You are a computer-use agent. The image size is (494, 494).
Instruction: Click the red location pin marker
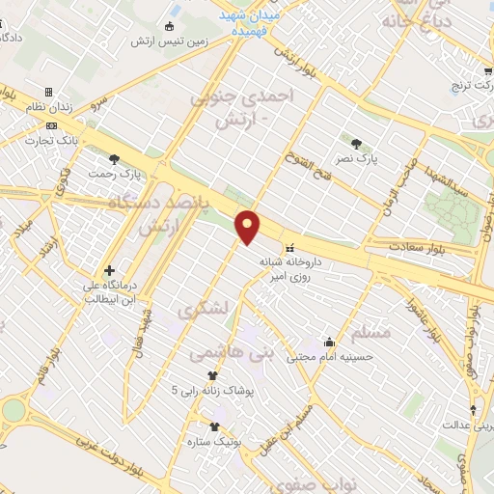[249, 226]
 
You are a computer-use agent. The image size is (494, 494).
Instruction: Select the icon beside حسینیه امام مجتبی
[330, 341]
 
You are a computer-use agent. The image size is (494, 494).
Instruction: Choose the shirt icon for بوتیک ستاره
[213, 425]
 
